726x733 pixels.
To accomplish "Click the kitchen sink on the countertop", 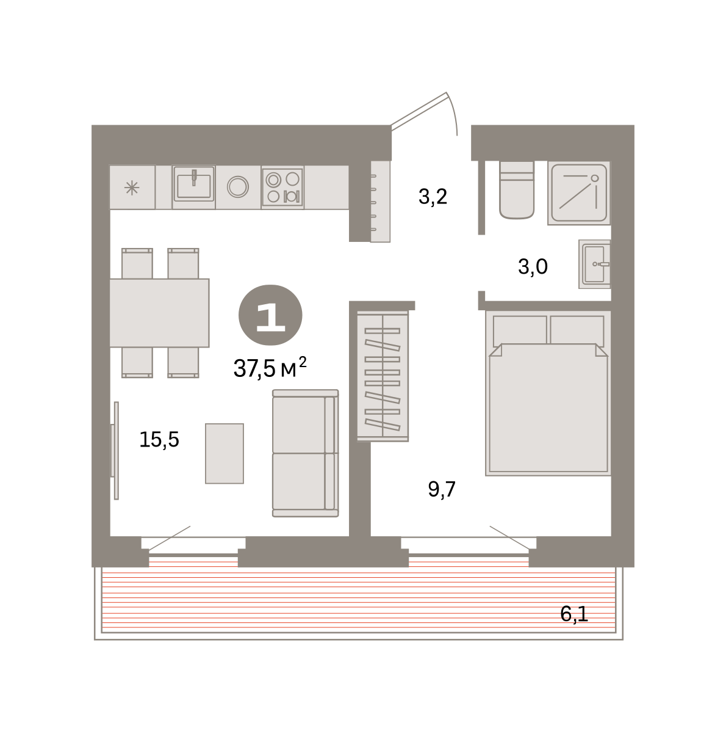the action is point(193,187).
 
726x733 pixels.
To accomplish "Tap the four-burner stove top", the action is point(282,187).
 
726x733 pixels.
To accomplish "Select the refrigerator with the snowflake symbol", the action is point(132,187).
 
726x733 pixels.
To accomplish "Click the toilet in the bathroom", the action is point(517,190).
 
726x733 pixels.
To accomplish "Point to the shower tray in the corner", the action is point(579,192).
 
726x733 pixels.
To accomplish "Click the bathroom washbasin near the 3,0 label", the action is point(594,264).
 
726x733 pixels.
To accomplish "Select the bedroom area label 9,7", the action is point(441,489).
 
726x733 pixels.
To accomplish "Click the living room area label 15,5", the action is point(159,440).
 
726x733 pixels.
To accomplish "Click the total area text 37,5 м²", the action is point(270,368).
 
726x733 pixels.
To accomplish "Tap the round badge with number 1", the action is point(270,315).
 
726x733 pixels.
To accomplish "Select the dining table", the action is point(159,313).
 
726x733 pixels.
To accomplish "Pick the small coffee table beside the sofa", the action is point(225,453).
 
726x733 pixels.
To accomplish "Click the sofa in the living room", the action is point(305,453).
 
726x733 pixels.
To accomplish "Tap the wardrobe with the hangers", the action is point(383,376).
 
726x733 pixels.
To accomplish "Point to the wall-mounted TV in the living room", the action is point(115,451).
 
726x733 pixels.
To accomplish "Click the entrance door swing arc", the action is point(453,112).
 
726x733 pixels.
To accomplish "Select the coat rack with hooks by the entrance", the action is point(380,201).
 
